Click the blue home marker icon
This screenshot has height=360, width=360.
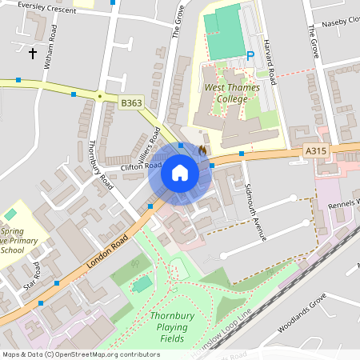pyautogui.click(x=180, y=174)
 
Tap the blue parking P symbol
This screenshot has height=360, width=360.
pyautogui.click(x=250, y=56)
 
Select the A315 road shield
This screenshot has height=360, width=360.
pyautogui.click(x=317, y=150)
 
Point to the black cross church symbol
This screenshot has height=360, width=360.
pyautogui.click(x=33, y=54)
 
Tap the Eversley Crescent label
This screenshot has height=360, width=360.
pyautogui.click(x=39, y=10)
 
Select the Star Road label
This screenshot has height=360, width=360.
pyautogui.click(x=32, y=275)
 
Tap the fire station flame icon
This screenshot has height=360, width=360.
pyautogui.click(x=203, y=149)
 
